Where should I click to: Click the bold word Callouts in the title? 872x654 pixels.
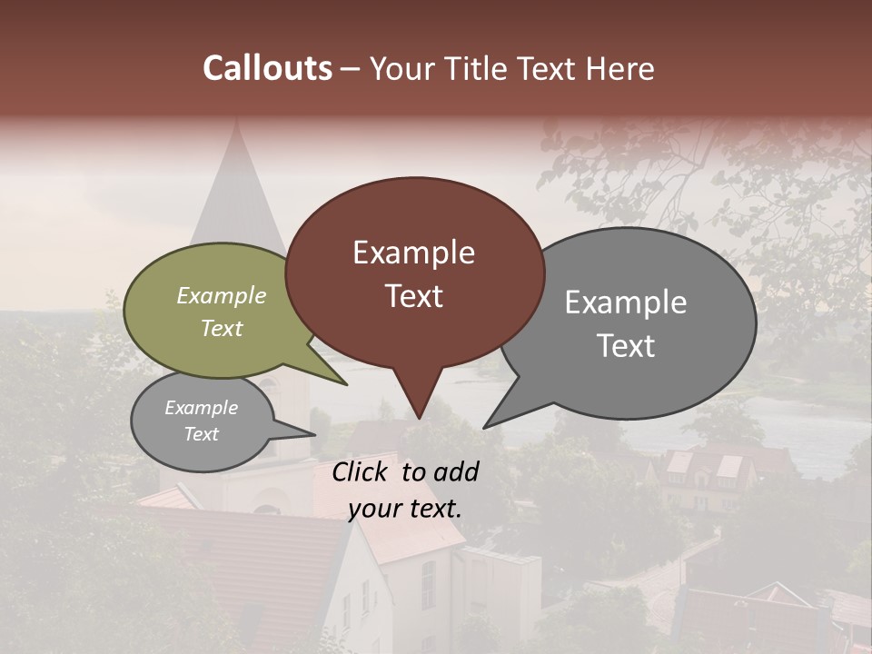267,68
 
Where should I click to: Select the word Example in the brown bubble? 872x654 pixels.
413,253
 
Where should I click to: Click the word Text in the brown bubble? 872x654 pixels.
413,296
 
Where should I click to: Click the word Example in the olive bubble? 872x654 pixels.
222,295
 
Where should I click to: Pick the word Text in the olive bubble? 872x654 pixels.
222,328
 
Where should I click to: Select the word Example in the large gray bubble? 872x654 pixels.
626,302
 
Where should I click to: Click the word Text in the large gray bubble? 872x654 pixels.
626,345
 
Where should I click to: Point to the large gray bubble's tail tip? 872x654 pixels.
486,426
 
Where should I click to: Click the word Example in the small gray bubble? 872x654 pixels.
201,408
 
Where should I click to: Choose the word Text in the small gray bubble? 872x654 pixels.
201,434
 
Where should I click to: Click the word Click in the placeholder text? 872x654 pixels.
362,471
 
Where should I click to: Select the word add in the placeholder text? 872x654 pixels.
455,471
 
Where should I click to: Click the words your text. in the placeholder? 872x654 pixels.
405,509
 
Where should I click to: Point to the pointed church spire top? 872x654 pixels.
236,123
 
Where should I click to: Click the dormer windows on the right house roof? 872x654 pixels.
704,465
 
